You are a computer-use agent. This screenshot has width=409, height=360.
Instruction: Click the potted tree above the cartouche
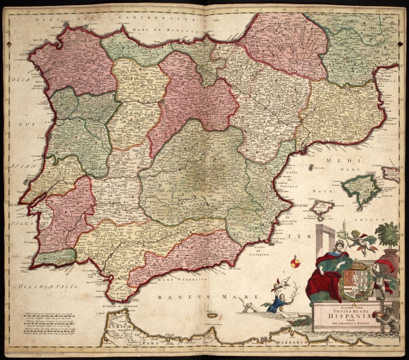coord(387,236)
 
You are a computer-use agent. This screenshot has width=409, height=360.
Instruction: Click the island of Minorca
coord(391,173)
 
